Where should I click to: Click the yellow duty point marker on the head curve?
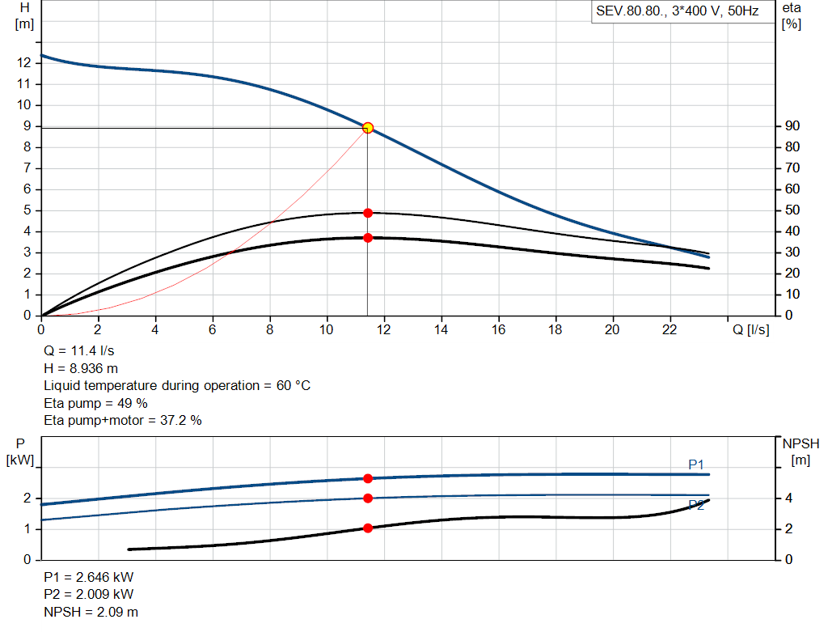368,127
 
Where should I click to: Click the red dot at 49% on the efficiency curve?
368,213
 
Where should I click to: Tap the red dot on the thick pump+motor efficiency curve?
368,238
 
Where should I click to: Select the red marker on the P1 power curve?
368,478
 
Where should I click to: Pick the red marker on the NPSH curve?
368,528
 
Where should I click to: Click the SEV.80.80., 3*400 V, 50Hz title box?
677,11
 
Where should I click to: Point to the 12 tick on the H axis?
24,63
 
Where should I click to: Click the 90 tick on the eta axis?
792,126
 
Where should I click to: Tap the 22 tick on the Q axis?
670,329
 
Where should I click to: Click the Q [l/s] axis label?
750,329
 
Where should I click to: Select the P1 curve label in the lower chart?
696,464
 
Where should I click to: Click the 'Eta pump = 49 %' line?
95,403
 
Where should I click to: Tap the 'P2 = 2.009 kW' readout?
88,596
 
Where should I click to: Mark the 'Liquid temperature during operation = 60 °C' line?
176,386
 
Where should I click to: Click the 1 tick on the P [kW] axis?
27,529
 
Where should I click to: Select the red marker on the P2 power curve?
368,498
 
